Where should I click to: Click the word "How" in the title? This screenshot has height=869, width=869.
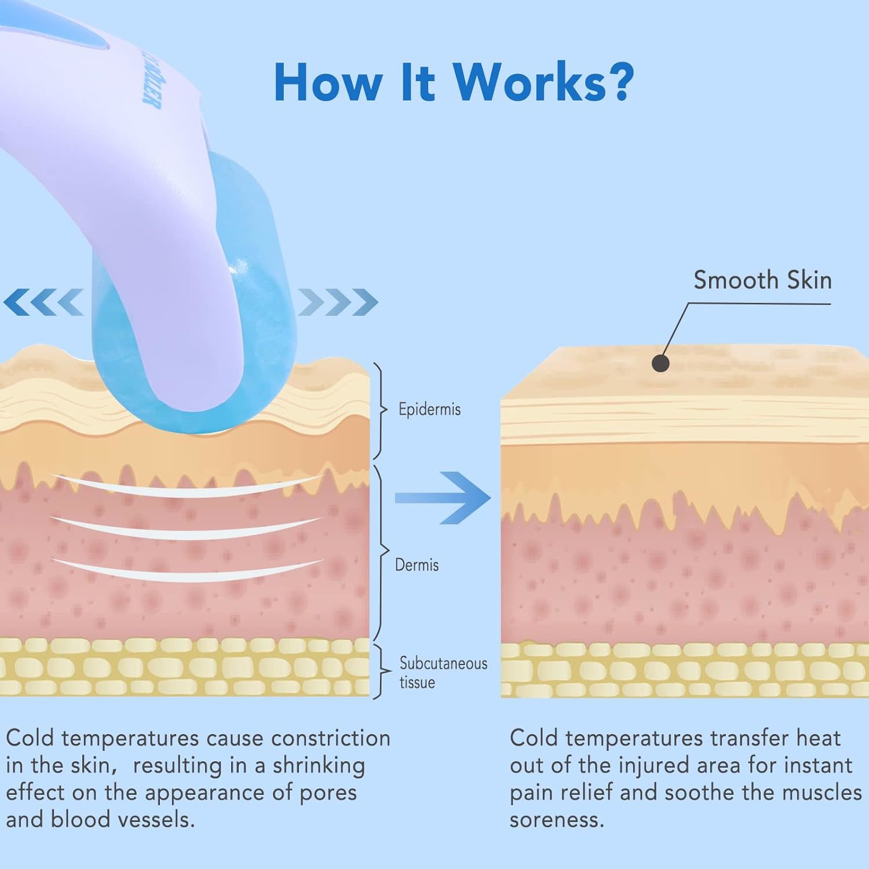327,82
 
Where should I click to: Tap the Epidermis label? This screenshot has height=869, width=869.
429,410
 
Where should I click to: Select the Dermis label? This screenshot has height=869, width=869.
417,565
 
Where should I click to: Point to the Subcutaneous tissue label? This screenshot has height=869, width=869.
443,673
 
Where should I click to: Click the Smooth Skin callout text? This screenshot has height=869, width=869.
762,280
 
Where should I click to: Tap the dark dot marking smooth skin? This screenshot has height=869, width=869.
660,363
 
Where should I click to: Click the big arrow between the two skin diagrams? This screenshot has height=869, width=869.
443,498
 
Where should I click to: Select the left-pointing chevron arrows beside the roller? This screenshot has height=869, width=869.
44,302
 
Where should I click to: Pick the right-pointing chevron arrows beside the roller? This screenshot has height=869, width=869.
338,302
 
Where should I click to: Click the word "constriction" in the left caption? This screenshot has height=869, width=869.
331,739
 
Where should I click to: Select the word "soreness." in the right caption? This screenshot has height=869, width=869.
557,820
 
